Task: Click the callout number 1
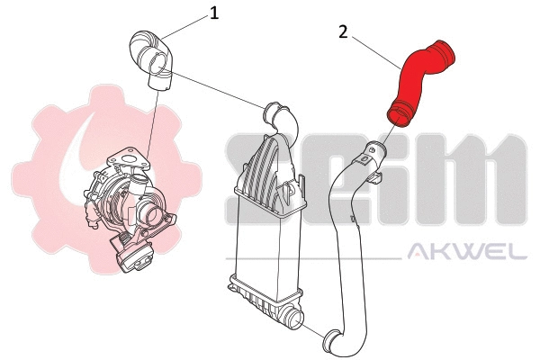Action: [x=214, y=13]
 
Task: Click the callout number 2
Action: [x=343, y=31]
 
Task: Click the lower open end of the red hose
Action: [x=396, y=112]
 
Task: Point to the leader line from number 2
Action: [x=378, y=50]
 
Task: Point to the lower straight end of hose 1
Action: [x=159, y=82]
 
